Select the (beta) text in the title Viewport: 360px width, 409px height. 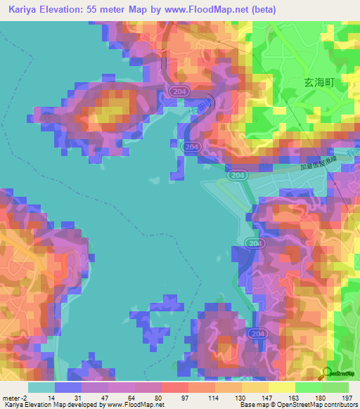260,10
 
